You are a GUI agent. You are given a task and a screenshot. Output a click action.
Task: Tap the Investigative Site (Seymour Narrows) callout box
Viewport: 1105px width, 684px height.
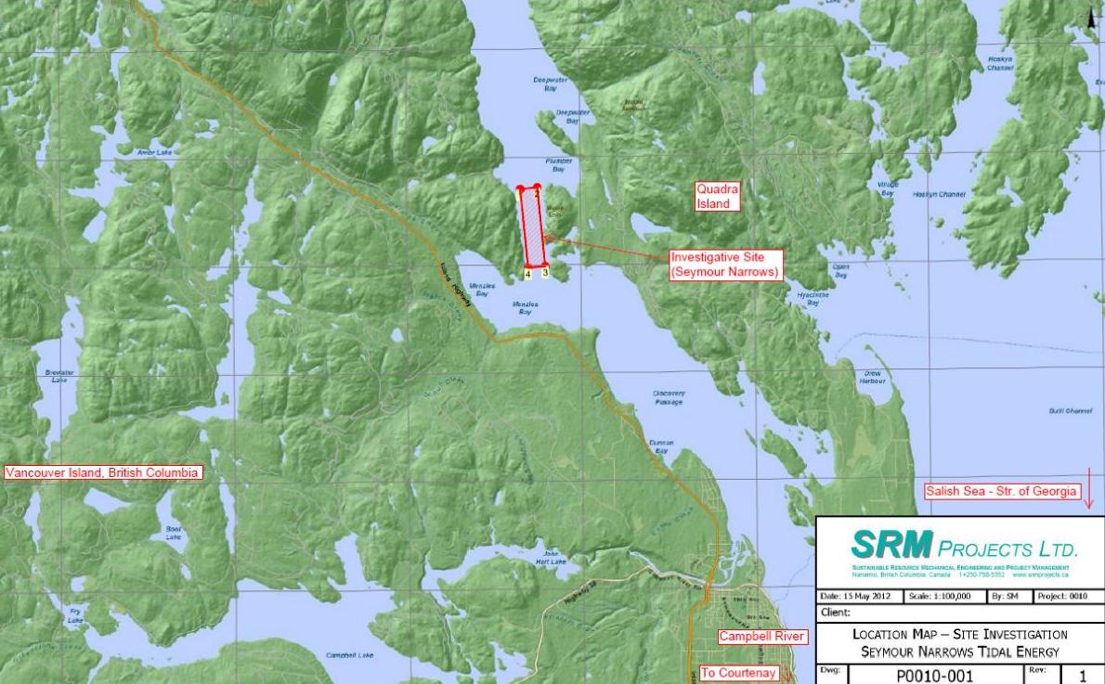pos(725,264)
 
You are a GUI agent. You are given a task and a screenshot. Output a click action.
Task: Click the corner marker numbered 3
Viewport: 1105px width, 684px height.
pos(545,274)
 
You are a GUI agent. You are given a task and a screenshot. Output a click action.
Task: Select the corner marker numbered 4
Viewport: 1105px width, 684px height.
pos(527,275)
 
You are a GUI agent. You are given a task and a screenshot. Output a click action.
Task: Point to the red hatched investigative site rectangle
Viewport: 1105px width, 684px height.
pos(534,226)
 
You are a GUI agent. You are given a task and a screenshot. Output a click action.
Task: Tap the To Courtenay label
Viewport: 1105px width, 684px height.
pos(737,675)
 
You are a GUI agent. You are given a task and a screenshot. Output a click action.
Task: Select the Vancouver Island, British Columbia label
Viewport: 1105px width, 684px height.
pos(102,472)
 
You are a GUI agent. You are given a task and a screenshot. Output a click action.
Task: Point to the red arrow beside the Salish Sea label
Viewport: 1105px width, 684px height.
pos(1090,492)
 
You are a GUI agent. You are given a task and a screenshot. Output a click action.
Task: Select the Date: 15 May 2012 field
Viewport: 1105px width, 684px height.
pos(852,596)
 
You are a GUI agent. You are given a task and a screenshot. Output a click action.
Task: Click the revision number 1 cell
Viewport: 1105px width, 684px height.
pos(1080,677)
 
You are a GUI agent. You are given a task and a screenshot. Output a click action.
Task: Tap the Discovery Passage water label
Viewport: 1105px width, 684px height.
pos(669,398)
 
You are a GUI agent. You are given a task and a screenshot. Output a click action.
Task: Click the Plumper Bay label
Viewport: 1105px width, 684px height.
pos(559,165)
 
